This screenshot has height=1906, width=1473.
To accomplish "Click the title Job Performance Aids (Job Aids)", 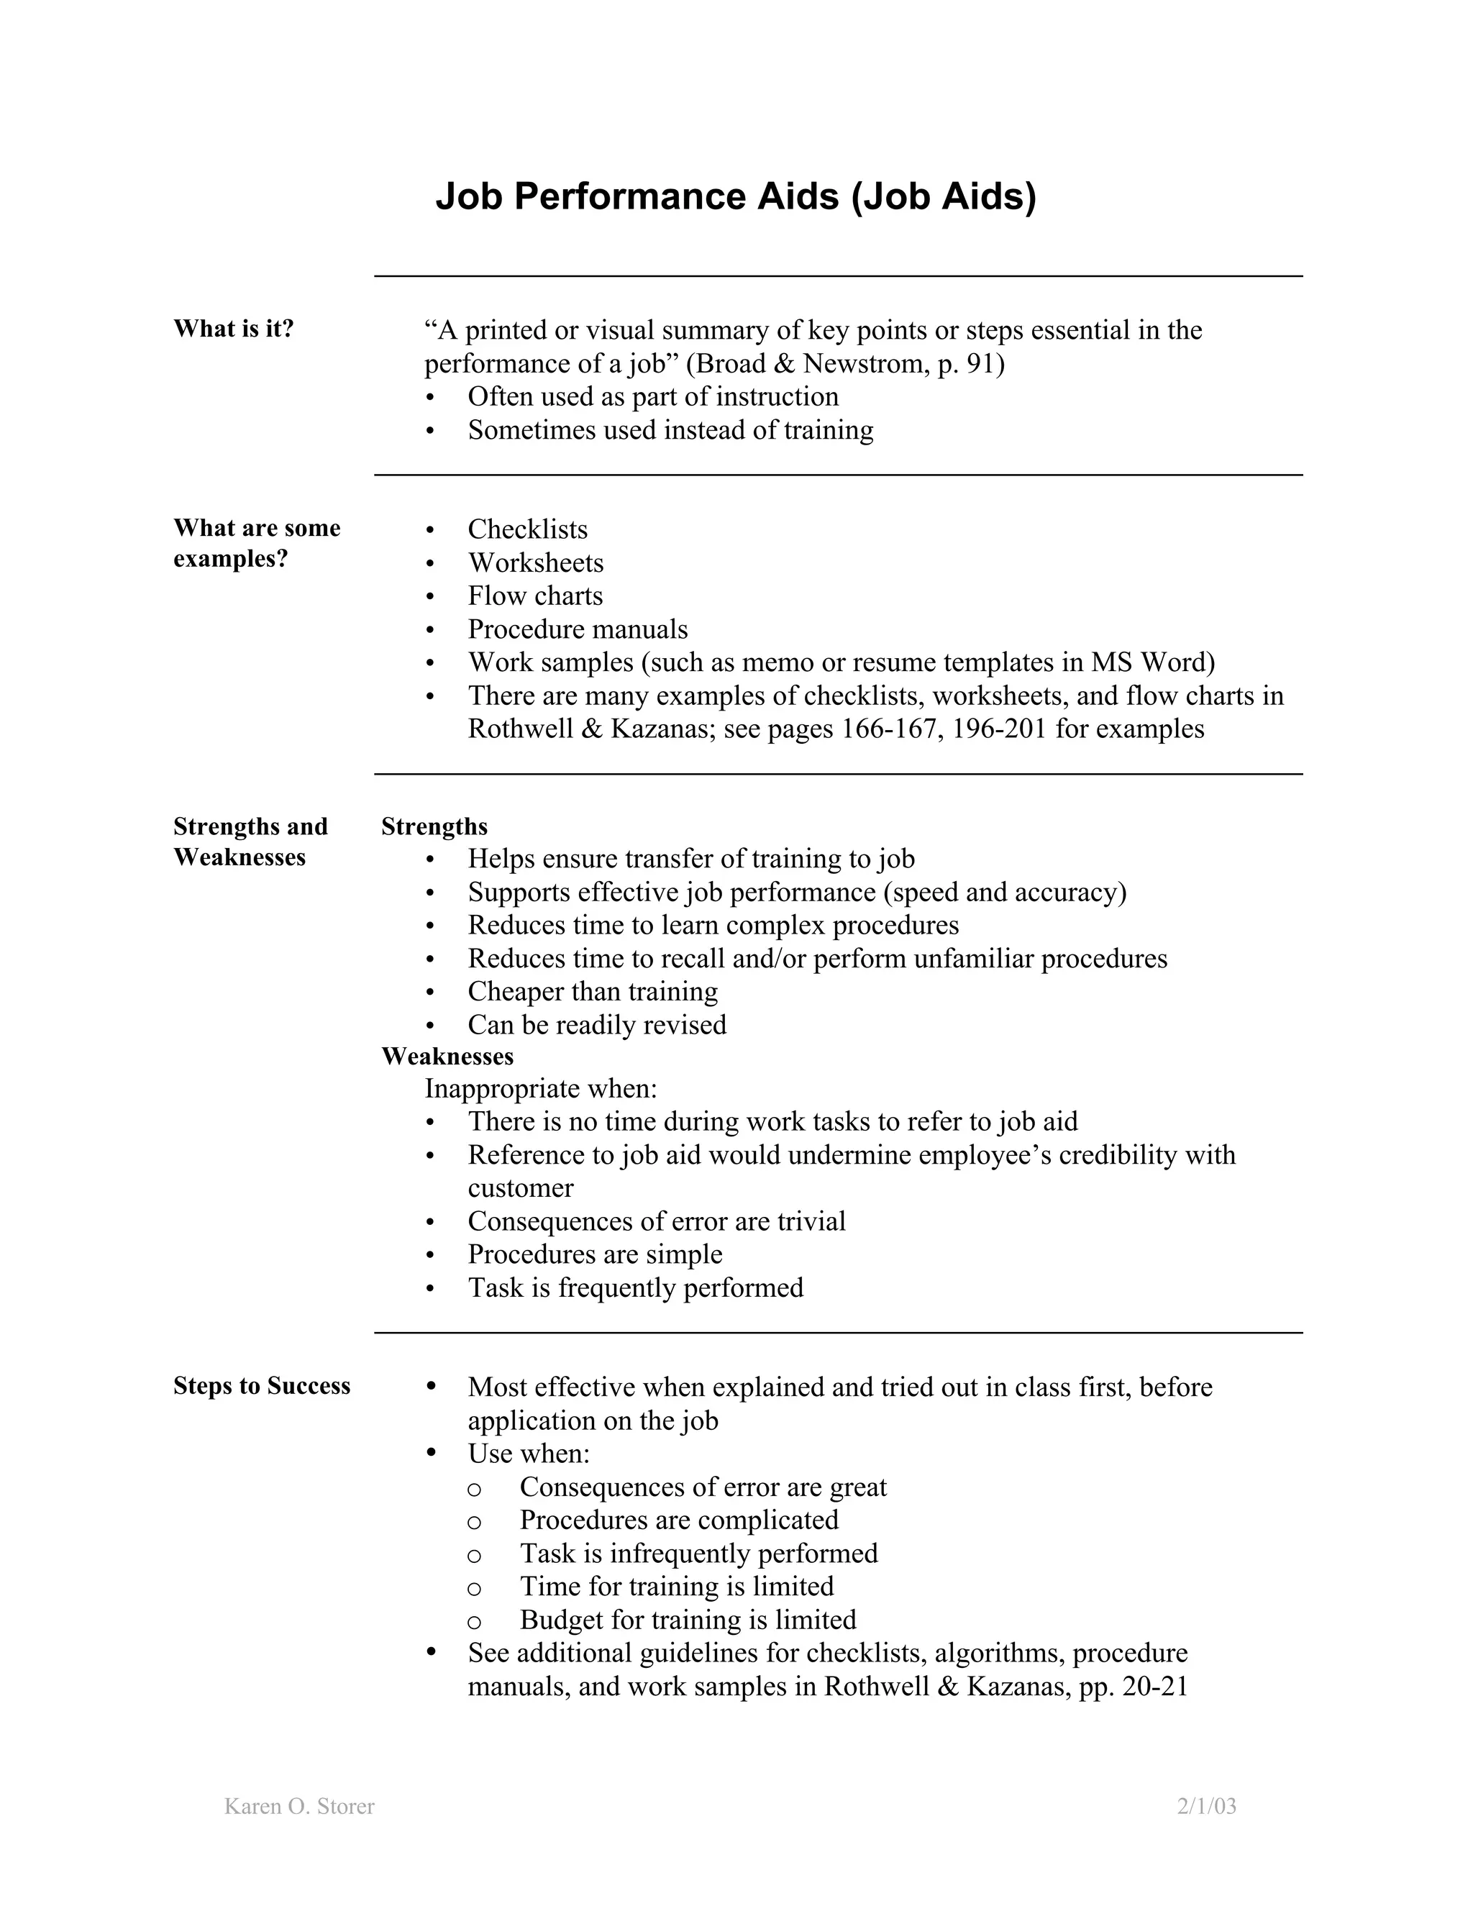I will click(x=736, y=196).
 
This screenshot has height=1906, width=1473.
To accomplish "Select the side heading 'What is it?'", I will click(x=234, y=329).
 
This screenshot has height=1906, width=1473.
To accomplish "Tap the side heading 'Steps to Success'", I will click(x=262, y=1386).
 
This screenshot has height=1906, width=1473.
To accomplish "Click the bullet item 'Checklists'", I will click(x=527, y=530).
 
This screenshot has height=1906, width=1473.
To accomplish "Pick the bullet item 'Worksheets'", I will click(x=535, y=563).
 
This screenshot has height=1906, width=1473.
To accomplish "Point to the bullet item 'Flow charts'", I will click(x=535, y=596).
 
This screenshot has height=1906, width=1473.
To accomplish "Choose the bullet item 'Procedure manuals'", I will click(x=577, y=629).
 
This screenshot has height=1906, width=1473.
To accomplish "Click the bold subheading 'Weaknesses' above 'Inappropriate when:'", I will click(x=447, y=1057).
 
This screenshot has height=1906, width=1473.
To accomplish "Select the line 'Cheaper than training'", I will click(x=593, y=991).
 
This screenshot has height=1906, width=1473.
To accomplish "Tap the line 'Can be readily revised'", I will click(x=597, y=1024).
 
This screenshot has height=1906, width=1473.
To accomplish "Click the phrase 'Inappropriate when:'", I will click(x=541, y=1089).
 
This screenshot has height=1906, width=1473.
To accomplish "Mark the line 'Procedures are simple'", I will click(x=595, y=1254).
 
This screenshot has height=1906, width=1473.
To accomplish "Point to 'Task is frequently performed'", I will click(x=635, y=1288).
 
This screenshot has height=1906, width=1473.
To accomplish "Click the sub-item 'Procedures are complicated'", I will click(x=679, y=1520).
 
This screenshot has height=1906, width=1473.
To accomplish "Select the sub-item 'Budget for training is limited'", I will click(x=688, y=1620).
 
